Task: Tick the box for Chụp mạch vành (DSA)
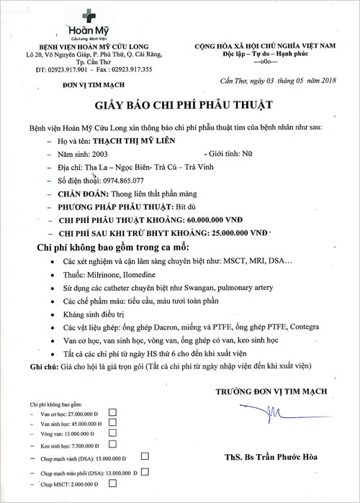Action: click(145, 456)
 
